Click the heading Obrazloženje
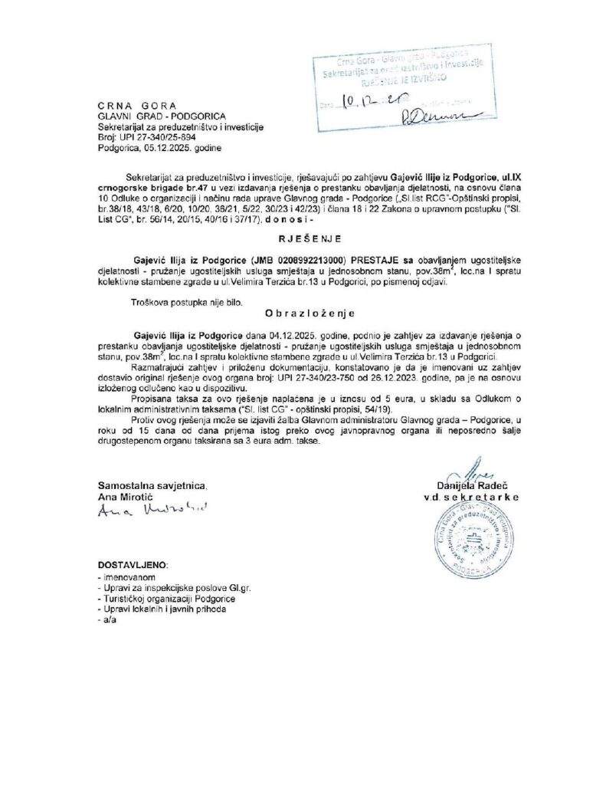click(302, 314)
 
